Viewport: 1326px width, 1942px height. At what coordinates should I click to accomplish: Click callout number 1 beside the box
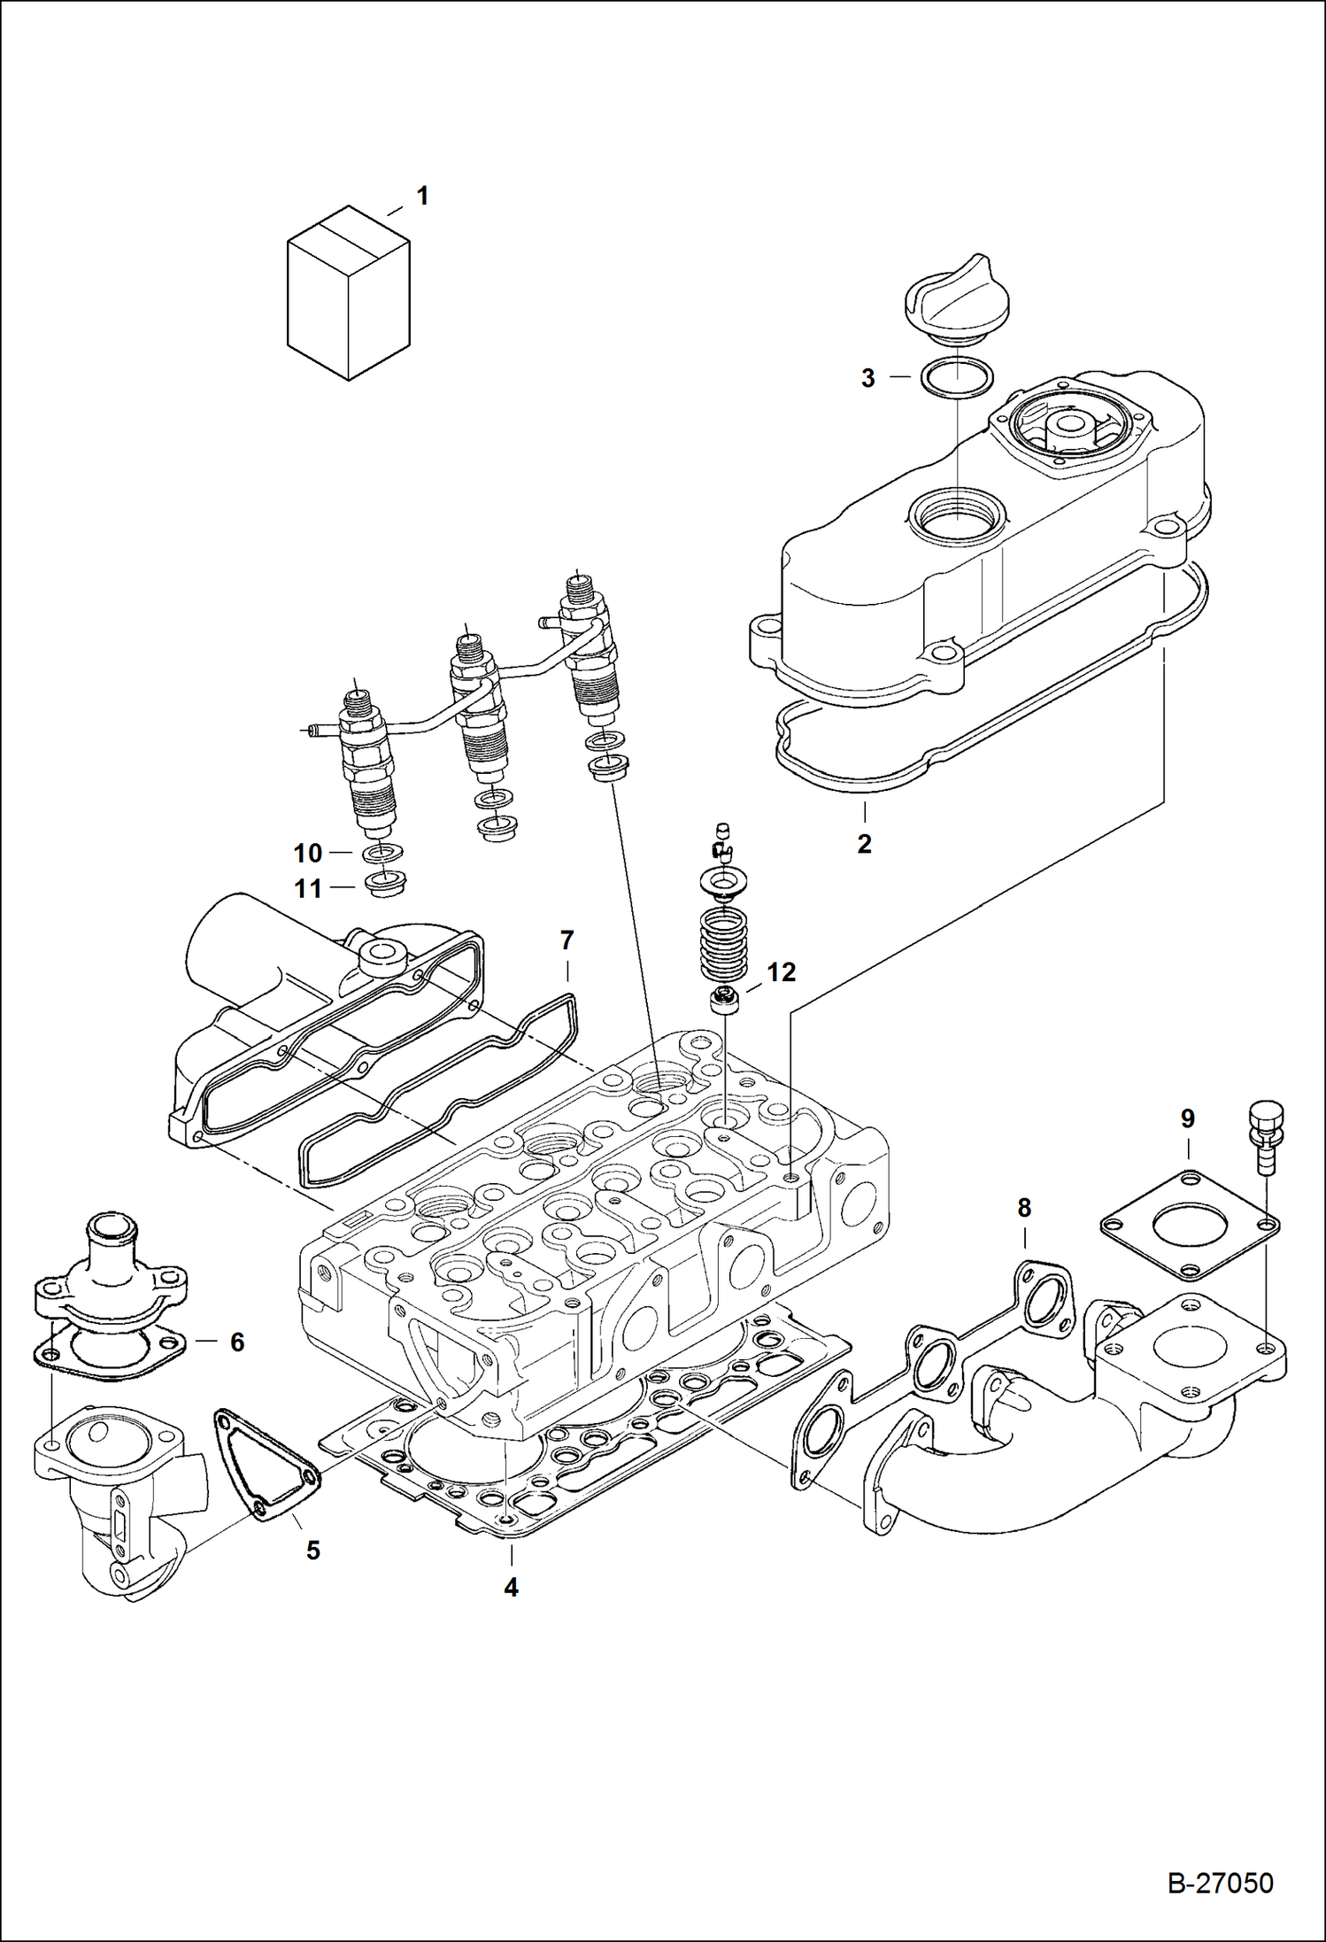tap(422, 196)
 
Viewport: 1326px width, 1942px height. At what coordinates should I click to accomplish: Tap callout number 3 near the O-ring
tap(867, 378)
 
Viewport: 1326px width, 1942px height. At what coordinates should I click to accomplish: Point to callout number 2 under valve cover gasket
tap(864, 843)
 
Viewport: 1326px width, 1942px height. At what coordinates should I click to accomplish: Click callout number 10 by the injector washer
tap(307, 853)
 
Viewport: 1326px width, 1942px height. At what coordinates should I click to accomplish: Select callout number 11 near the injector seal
tap(307, 888)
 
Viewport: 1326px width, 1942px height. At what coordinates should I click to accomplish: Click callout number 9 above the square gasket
tap(1187, 1118)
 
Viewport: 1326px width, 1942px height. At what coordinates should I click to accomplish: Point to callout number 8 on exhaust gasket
tap(1023, 1207)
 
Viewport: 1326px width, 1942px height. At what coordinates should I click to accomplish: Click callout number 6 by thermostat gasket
tap(236, 1342)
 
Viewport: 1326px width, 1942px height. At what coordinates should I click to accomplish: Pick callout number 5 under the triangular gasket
tap(312, 1550)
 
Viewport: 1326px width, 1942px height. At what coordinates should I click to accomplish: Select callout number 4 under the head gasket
tap(511, 1587)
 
